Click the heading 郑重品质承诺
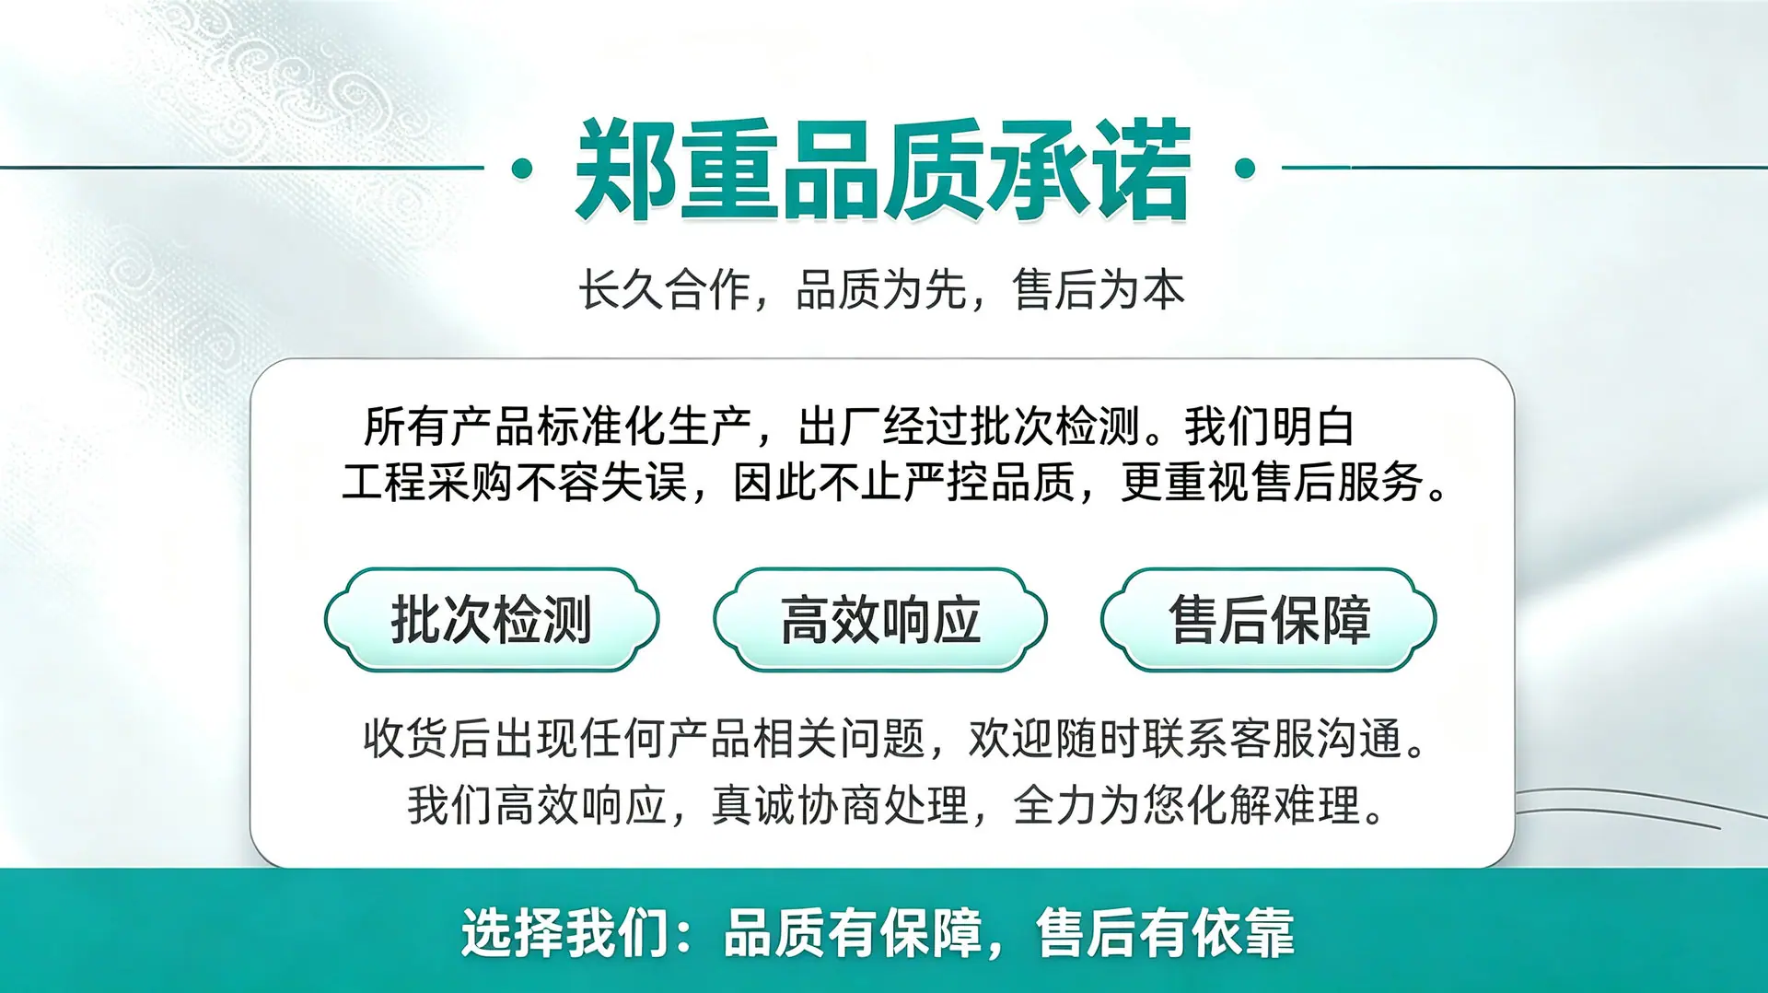click(x=883, y=170)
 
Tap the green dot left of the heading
click(x=522, y=169)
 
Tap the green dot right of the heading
click(x=1245, y=169)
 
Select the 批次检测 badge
click(x=492, y=619)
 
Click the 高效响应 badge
click(x=880, y=619)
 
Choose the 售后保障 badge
click(x=1269, y=619)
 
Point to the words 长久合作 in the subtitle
click(x=664, y=289)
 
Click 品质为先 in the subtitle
click(x=881, y=289)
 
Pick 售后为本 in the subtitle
click(x=1099, y=289)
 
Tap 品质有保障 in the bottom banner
click(x=854, y=933)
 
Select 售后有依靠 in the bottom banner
click(x=1166, y=933)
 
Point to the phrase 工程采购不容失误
click(x=515, y=482)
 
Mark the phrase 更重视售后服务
click(x=1273, y=482)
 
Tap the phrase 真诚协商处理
click(x=840, y=805)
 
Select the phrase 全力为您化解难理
click(x=1187, y=805)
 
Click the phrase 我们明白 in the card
click(x=1269, y=426)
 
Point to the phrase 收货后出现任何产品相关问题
click(x=644, y=738)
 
